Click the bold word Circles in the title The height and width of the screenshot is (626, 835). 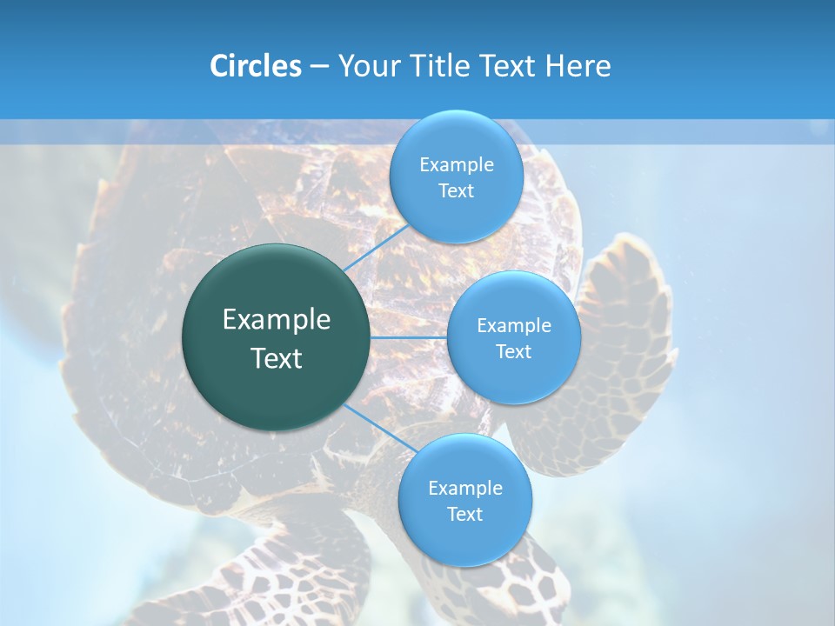click(255, 66)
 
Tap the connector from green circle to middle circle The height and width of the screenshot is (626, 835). click(409, 337)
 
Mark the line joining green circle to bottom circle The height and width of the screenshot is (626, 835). click(372, 427)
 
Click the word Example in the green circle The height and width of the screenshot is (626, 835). click(277, 320)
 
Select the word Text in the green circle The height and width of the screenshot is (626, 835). click(277, 358)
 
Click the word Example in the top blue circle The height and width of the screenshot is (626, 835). click(456, 165)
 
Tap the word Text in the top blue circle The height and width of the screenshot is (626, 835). click(456, 191)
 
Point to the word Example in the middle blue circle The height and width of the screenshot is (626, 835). click(513, 326)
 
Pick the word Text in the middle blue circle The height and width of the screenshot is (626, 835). click(513, 352)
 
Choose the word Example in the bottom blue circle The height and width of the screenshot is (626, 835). click(464, 489)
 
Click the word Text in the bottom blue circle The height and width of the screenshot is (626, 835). click(464, 515)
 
